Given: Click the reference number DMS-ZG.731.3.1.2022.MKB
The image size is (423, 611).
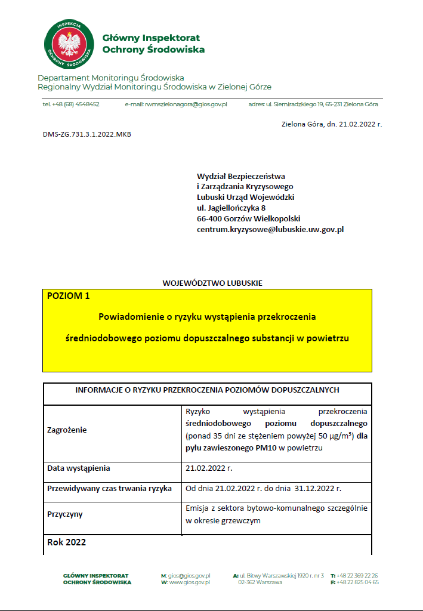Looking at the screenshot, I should [x=87, y=134].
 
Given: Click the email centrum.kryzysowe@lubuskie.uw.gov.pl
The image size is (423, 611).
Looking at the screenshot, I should [x=270, y=229].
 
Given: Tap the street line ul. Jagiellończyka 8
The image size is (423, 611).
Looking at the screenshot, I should [x=231, y=208].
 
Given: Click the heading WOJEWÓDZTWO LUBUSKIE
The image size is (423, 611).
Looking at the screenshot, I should [x=212, y=283].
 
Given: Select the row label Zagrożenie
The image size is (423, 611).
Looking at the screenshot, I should [x=67, y=430].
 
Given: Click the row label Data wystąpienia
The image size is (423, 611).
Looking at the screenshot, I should [x=79, y=468].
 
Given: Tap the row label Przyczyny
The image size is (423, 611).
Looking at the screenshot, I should [x=65, y=514].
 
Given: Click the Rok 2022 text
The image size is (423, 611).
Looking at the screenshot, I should [x=66, y=542].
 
